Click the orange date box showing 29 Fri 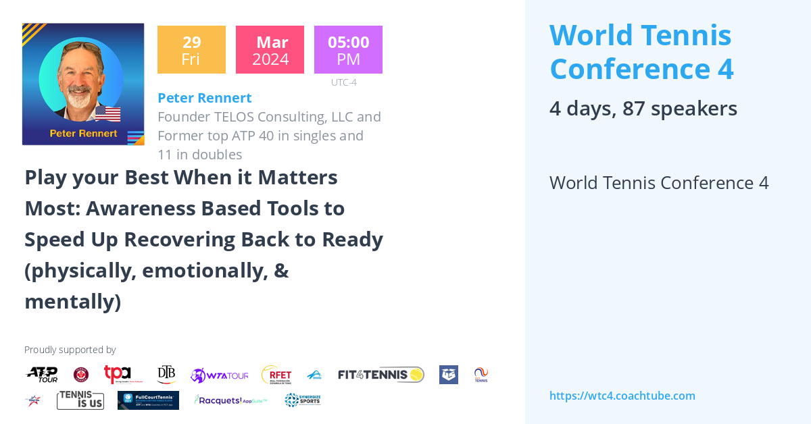pyautogui.click(x=191, y=50)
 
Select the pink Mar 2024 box pyautogui.click(x=270, y=50)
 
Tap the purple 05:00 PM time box pyautogui.click(x=348, y=50)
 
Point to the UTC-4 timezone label pyautogui.click(x=343, y=82)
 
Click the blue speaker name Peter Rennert pyautogui.click(x=204, y=98)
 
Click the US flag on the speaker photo pyautogui.click(x=107, y=113)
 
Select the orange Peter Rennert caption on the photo pyautogui.click(x=83, y=133)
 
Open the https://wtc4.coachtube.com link pyautogui.click(x=622, y=396)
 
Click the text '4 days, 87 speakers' pyautogui.click(x=643, y=109)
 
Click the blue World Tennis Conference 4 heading pyautogui.click(x=641, y=52)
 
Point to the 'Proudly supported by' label pyautogui.click(x=70, y=350)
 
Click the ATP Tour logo pyautogui.click(x=42, y=375)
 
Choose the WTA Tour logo pyautogui.click(x=220, y=375)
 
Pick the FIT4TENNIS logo pyautogui.click(x=381, y=375)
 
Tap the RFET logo pyautogui.click(x=276, y=375)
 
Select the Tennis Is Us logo pyautogui.click(x=80, y=400)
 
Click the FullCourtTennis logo pyautogui.click(x=148, y=400)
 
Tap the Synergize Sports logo pyautogui.click(x=302, y=400)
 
